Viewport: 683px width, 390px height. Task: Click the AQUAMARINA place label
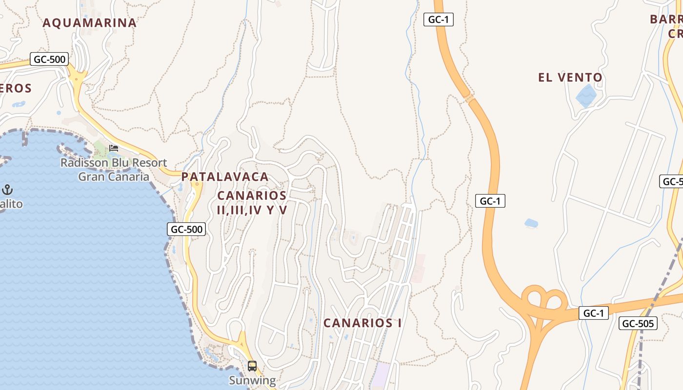89,23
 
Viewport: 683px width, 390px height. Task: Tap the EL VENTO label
570,78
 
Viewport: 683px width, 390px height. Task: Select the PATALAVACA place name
225,176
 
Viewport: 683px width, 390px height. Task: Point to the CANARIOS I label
362,323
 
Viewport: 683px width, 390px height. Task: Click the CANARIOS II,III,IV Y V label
252,203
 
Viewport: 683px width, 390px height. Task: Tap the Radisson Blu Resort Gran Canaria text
114,169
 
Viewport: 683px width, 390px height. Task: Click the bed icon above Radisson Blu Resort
114,148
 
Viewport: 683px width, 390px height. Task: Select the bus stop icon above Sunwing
252,366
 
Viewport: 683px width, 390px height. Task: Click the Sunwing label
252,380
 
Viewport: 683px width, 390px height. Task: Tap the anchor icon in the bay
7,189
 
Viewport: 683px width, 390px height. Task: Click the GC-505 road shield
638,323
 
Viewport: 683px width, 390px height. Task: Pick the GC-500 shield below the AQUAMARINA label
49,59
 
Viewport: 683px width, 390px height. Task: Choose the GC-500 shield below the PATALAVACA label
186,229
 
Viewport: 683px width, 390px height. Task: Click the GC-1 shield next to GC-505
594,313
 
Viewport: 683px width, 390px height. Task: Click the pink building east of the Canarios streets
418,268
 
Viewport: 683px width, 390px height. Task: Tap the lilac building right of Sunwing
382,374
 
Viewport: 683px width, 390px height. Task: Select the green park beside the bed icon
101,146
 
